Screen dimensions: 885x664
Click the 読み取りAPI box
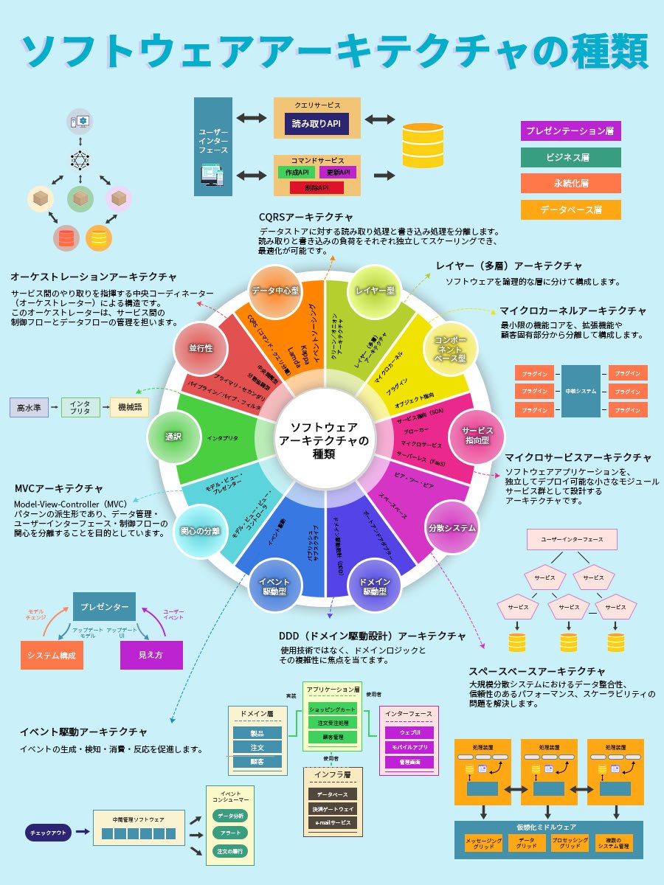click(317, 123)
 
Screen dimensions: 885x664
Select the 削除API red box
click(317, 187)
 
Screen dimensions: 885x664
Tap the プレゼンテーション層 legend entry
click(570, 131)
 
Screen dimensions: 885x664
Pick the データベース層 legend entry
click(570, 209)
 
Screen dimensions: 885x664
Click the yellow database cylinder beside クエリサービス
click(419, 145)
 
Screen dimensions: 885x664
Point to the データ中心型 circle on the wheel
click(274, 291)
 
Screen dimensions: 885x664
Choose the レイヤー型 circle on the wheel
click(373, 291)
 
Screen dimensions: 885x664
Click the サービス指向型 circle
click(477, 435)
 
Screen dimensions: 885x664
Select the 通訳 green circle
click(173, 436)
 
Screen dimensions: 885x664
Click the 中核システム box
click(581, 391)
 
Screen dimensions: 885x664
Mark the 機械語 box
click(129, 406)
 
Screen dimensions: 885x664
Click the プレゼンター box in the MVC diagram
click(104, 607)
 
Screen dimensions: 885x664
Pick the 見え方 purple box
click(151, 655)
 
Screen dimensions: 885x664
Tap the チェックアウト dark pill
click(48, 832)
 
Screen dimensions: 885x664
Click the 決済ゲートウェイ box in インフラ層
click(332, 808)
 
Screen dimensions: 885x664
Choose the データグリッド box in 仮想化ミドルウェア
click(526, 843)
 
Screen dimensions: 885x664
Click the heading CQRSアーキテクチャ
click(305, 218)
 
